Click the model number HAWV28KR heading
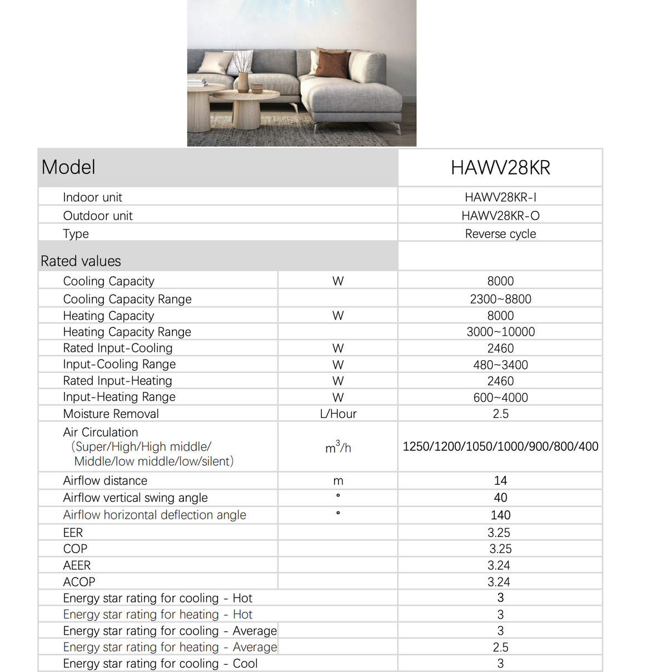point(500,168)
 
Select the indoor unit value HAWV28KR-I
point(500,197)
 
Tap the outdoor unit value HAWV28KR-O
point(500,216)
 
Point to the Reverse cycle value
point(500,234)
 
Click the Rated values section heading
point(81,261)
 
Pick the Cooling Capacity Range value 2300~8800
point(500,299)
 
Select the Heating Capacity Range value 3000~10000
point(500,332)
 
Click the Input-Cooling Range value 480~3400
point(500,365)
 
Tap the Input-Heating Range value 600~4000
point(500,397)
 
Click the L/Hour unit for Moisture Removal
point(338,414)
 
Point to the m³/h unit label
point(338,447)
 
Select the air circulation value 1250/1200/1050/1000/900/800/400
point(500,446)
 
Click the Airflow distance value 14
point(500,481)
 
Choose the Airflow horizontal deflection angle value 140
point(500,515)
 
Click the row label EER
point(73,532)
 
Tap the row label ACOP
point(79,582)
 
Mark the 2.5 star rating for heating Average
point(500,648)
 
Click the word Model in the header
point(68,167)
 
